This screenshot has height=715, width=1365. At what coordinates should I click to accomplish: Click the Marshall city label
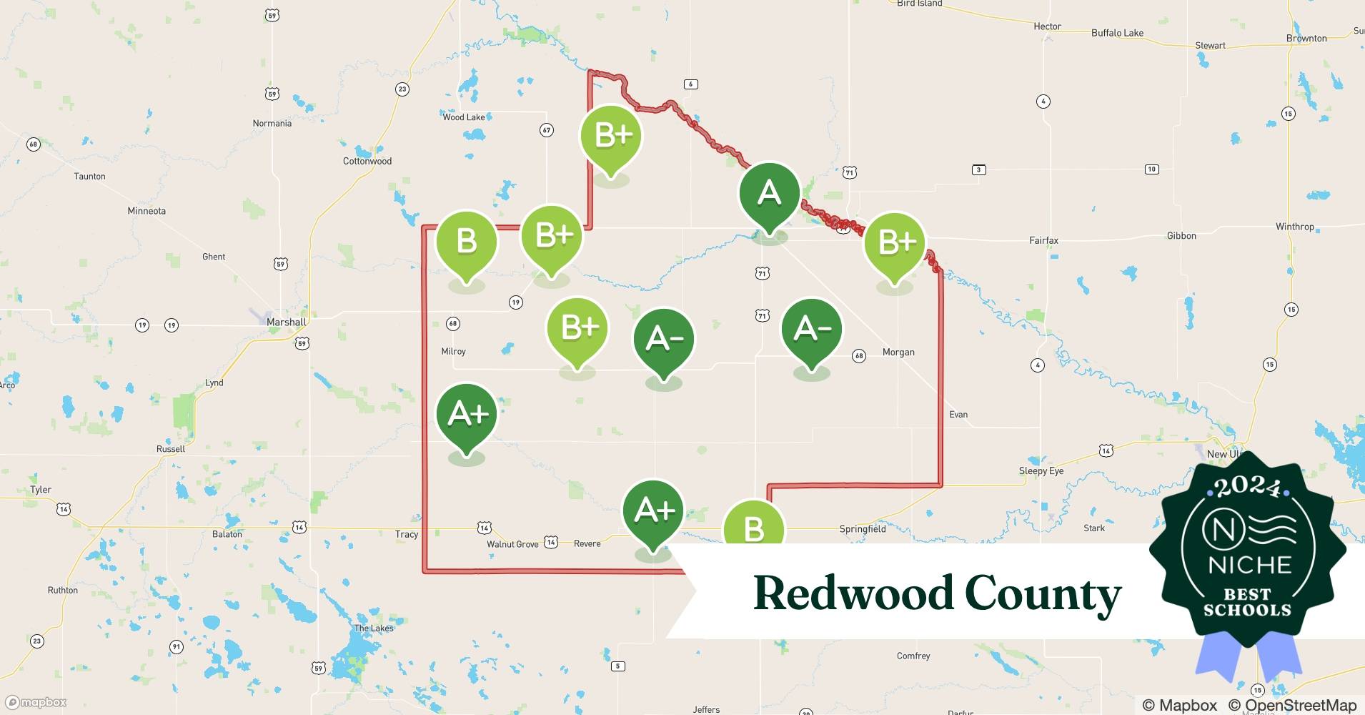[x=286, y=322]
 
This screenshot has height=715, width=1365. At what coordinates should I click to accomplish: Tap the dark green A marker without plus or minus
[x=769, y=194]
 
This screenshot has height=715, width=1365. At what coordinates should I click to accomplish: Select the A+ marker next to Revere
[x=653, y=513]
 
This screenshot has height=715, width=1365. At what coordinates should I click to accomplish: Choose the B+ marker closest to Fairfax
[x=895, y=244]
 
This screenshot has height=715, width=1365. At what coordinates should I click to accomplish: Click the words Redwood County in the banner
[x=937, y=594]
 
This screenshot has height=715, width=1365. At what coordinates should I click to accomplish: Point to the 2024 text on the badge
[x=1247, y=487]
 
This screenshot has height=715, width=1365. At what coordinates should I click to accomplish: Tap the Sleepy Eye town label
[x=1041, y=471]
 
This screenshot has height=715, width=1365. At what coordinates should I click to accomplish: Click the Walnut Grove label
[x=512, y=544]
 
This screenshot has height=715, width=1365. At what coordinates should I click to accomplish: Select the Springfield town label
[x=862, y=529]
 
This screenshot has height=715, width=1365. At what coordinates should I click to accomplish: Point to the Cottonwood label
[x=367, y=161]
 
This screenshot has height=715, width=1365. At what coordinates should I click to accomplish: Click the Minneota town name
[x=147, y=211]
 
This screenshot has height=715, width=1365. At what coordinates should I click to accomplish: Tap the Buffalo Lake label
[x=1117, y=33]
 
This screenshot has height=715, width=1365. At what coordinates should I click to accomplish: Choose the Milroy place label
[x=454, y=352]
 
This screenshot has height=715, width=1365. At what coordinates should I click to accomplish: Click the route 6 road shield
[x=690, y=84]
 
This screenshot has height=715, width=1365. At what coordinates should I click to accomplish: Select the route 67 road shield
[x=547, y=130]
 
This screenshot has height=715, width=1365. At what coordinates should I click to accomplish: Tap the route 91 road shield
[x=176, y=647]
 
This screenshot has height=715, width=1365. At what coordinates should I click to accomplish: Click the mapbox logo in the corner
[x=36, y=702]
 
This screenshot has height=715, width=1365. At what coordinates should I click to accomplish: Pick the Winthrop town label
[x=1294, y=227]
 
